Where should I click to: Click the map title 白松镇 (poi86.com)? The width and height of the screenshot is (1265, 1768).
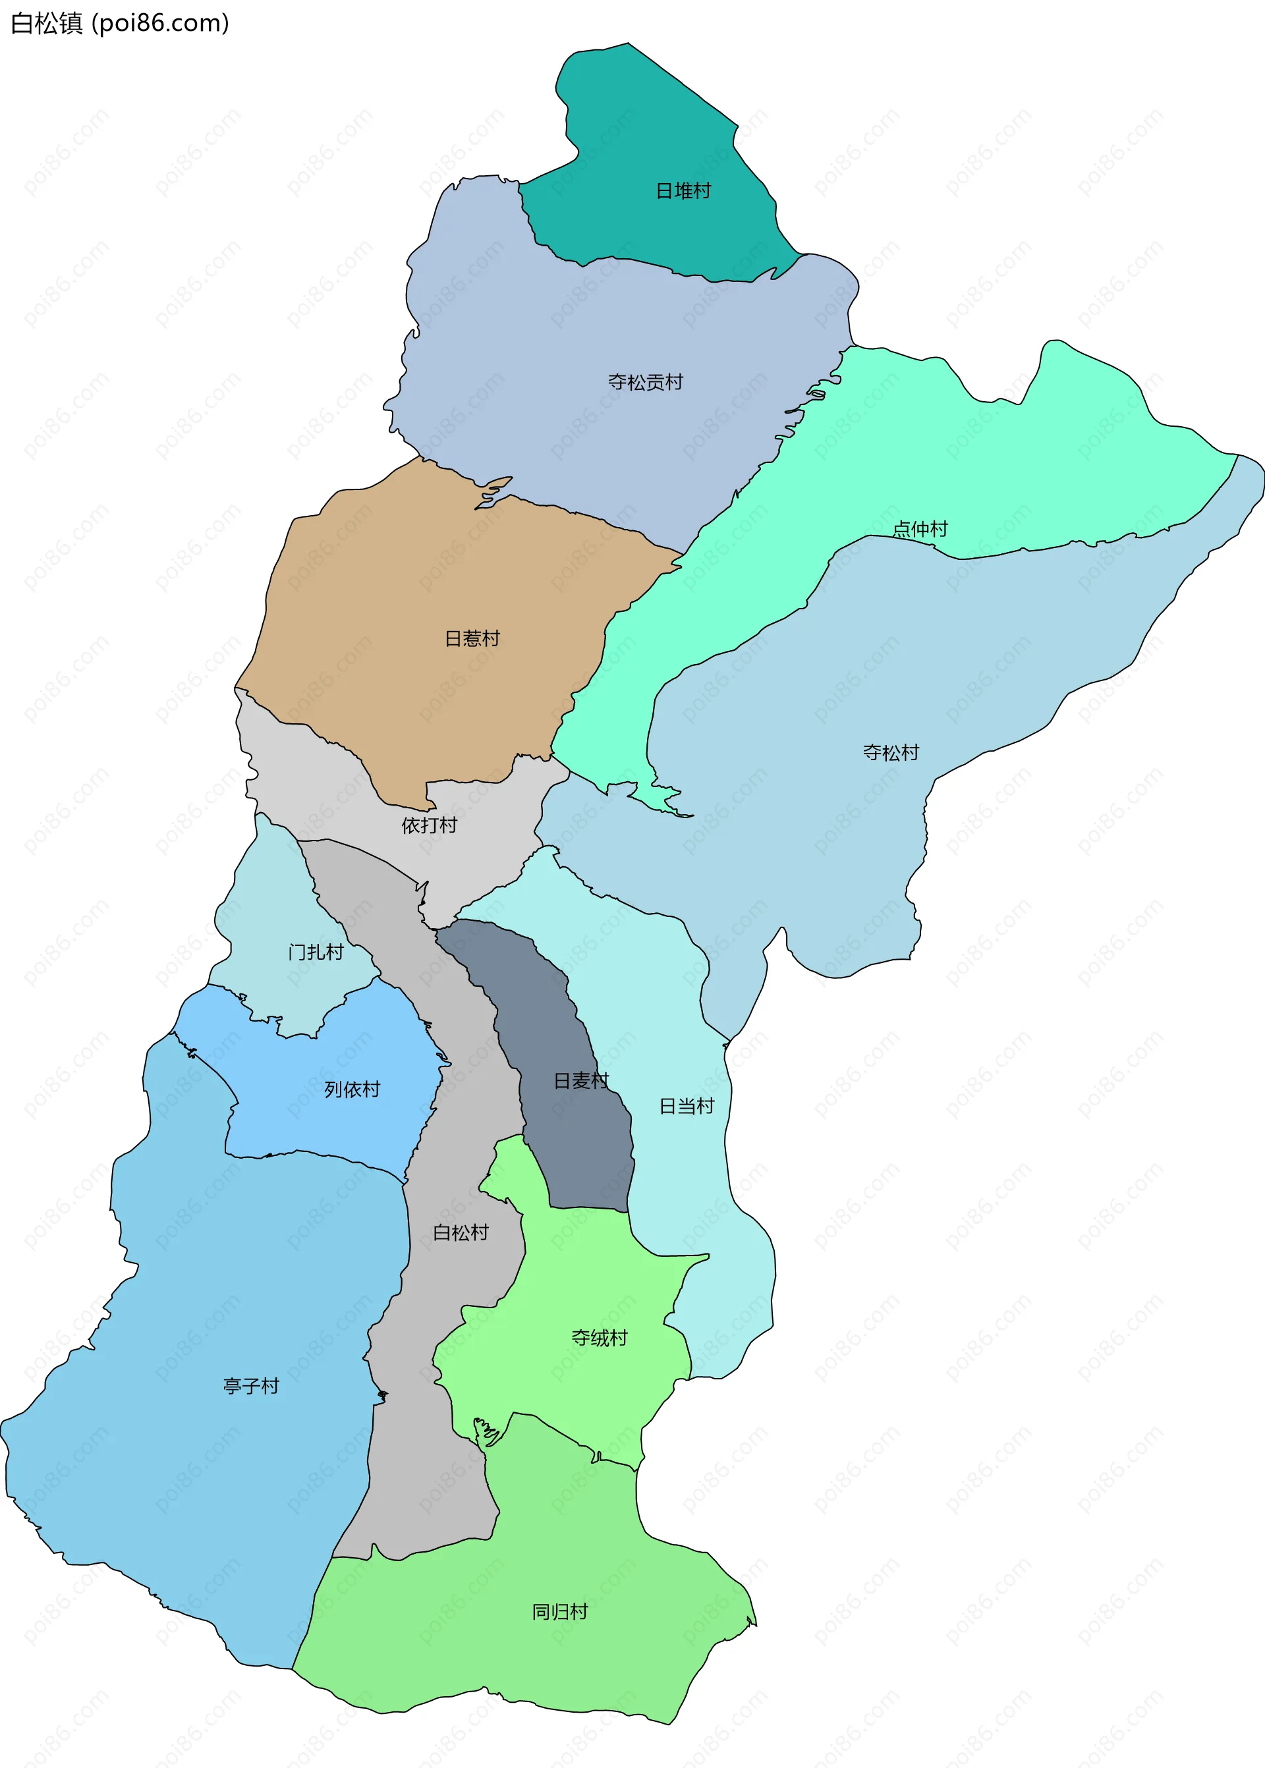[x=119, y=23]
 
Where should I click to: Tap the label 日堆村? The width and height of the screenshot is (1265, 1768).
[x=683, y=191]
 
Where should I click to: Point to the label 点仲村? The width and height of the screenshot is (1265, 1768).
[x=920, y=530]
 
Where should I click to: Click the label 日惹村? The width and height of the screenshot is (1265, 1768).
[x=472, y=639]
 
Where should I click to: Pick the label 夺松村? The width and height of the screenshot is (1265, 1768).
[x=890, y=752]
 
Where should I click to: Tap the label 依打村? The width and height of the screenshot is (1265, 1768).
[x=429, y=825]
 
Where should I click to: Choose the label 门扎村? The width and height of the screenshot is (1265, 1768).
[x=316, y=952]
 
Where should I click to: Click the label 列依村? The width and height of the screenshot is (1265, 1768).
[x=352, y=1090]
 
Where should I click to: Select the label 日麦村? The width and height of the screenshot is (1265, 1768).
[x=581, y=1081]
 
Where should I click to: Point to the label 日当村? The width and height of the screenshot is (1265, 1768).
[x=687, y=1106]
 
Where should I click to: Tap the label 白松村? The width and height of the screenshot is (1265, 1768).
[x=461, y=1233]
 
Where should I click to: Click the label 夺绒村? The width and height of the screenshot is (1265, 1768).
[x=599, y=1338]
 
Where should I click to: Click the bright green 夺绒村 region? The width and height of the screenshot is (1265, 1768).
[x=576, y=1277]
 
